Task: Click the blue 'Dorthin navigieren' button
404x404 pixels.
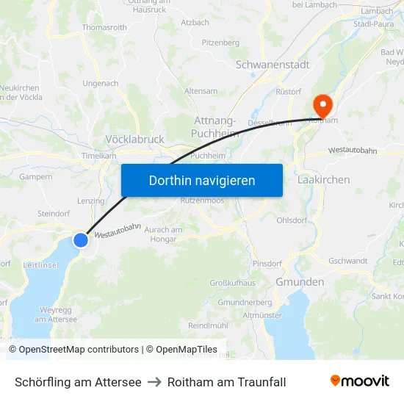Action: pos(202,180)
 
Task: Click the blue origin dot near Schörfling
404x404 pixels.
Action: pos(81,240)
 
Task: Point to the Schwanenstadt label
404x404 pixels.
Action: pos(273,65)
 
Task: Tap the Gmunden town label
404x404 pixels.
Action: pos(300,282)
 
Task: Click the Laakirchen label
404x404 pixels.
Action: pos(324,179)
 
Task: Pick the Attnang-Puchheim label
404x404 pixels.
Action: pos(214,126)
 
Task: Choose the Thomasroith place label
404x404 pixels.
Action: pos(106,27)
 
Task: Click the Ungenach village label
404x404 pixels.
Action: pos(101,84)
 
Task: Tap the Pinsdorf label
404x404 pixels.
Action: pos(267,262)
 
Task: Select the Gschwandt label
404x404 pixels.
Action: pos(348,261)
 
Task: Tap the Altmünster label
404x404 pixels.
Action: pos(261,315)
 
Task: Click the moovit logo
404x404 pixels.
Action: pos(360,380)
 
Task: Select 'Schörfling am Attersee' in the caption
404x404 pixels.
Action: pos(78,382)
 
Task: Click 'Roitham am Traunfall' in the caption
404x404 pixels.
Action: pos(227,382)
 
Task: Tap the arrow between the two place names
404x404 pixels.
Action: pos(154,382)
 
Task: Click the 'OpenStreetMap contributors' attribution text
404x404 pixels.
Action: pos(79,350)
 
